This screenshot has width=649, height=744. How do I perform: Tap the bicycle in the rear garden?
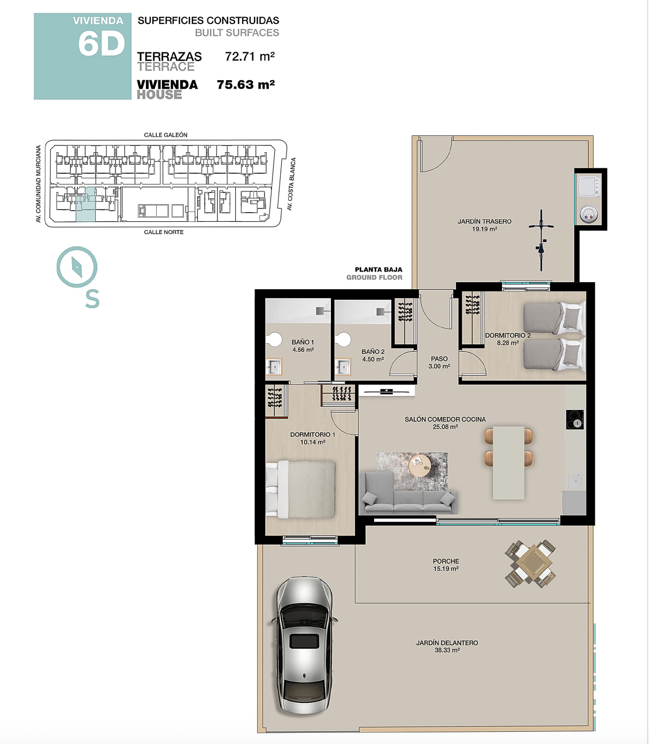541,240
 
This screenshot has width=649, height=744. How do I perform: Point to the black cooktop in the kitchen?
575,420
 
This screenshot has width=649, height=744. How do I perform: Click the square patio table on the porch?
531,563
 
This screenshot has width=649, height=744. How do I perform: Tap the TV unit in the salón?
387,391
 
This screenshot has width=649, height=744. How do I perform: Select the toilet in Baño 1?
273,339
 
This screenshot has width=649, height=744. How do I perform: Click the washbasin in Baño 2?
343,367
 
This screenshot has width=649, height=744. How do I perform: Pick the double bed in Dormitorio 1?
300,489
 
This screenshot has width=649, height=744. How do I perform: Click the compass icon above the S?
77,267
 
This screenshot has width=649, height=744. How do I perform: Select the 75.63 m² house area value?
246,85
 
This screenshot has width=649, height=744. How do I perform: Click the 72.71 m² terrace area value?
250,56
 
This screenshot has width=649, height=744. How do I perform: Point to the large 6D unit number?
102,44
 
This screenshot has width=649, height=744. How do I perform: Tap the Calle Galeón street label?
166,135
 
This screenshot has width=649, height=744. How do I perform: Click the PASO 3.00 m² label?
439,362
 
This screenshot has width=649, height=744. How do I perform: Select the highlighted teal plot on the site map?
86,204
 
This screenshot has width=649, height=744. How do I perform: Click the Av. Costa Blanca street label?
291,184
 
